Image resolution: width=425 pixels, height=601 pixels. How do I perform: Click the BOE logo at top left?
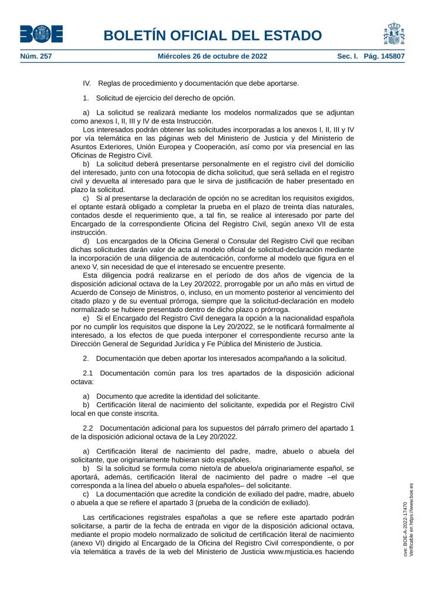41,34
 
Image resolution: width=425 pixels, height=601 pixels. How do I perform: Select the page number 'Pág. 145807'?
384,56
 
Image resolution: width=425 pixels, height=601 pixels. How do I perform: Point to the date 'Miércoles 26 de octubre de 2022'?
212,56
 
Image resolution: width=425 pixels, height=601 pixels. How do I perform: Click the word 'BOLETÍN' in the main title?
137,35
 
